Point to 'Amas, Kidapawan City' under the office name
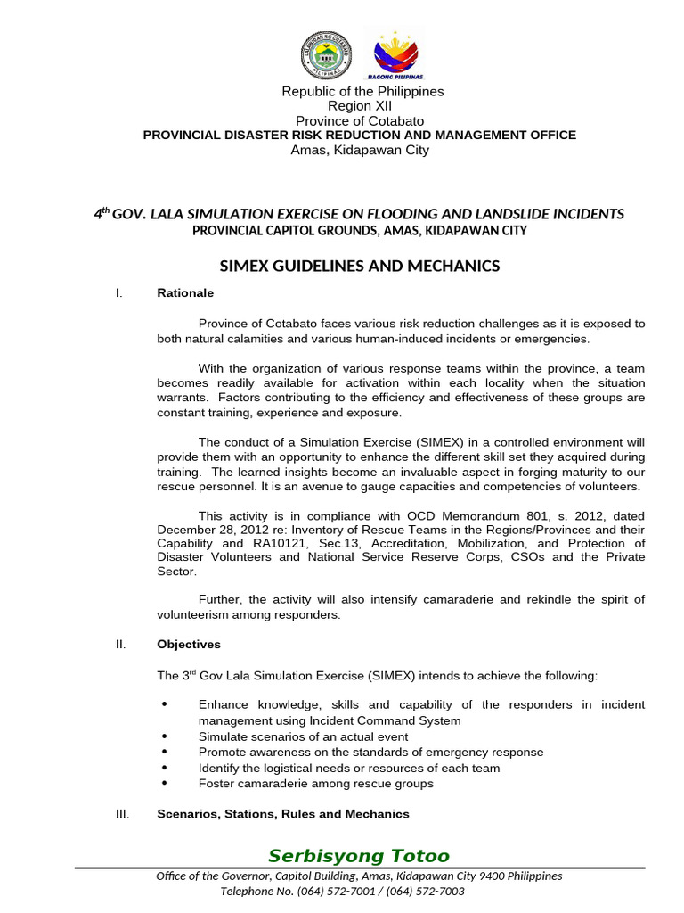360,150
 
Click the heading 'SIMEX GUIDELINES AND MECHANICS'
360,266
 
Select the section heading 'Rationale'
185,292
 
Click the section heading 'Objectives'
189,644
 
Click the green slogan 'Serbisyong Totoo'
359,857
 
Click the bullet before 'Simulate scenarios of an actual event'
164,736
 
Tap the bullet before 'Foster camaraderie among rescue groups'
164,784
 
